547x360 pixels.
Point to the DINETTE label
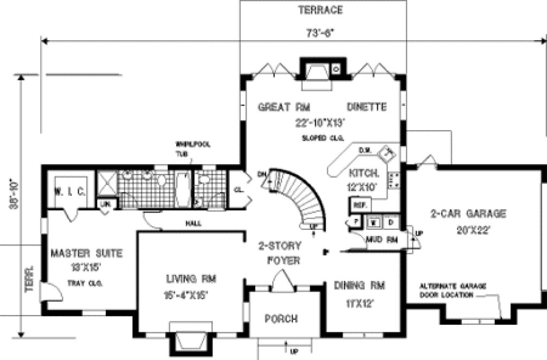click(366, 107)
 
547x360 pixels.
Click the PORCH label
click(281, 318)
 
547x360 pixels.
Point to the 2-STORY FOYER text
click(280, 253)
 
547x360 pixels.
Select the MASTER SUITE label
click(86, 253)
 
